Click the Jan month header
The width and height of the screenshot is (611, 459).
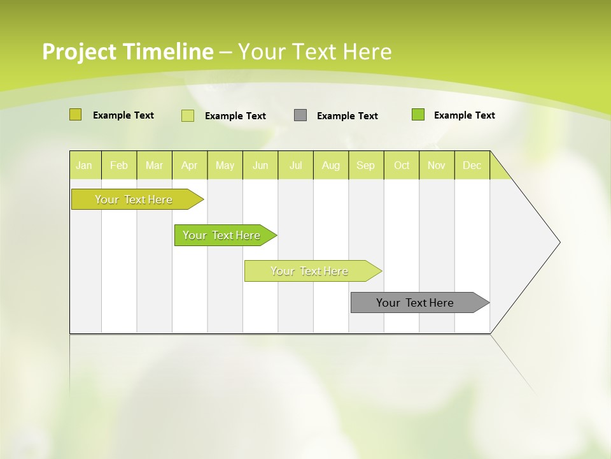84,165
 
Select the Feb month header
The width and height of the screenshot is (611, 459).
119,165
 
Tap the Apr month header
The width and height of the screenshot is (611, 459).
190,165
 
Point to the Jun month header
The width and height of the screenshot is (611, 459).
260,165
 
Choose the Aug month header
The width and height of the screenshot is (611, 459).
331,165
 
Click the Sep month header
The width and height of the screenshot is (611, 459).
366,165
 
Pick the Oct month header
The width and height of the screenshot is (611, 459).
402,165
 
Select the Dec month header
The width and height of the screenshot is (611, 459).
472,165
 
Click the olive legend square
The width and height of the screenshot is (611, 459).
76,115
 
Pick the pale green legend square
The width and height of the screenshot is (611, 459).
188,115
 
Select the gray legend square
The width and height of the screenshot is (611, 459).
300,115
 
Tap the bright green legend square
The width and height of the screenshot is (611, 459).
418,115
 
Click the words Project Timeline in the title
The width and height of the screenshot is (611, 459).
127,52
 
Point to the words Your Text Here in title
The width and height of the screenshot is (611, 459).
314,52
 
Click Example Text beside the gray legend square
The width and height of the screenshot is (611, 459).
347,116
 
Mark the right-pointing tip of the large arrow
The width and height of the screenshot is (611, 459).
559,242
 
